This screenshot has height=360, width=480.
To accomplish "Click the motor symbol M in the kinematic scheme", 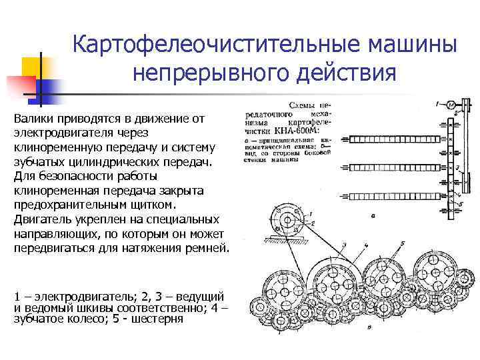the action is (451, 105).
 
